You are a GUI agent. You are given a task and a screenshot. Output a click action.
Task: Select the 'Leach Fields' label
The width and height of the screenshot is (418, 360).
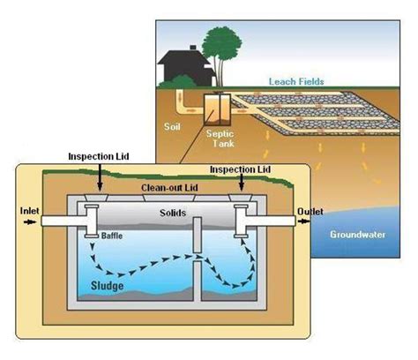tap(295, 80)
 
